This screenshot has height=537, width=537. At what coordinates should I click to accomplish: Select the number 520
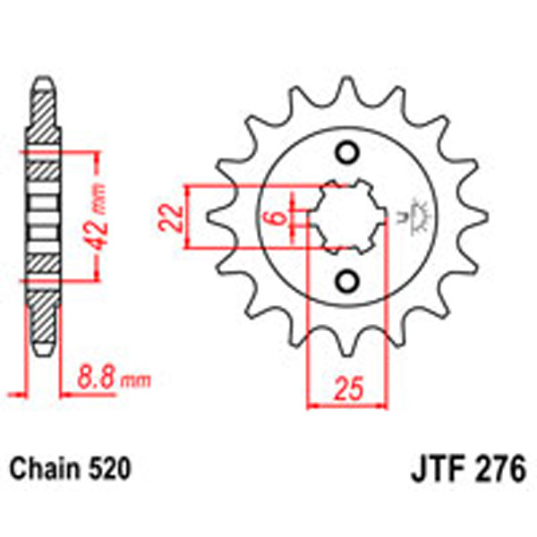tap(111, 468)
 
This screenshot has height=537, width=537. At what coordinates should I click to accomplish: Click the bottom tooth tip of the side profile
tap(44, 354)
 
